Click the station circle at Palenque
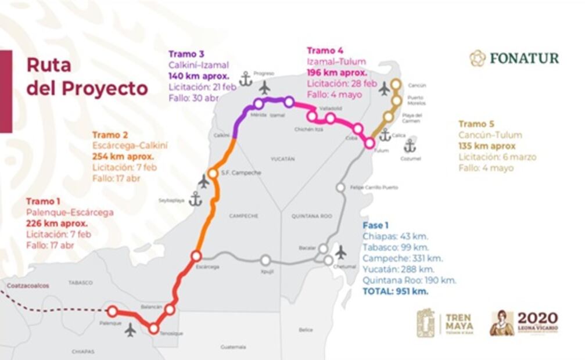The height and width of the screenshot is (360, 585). pos(112,311)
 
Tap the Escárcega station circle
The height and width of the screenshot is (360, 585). pos(196,255)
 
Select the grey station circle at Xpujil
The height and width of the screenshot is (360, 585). pos(265,260)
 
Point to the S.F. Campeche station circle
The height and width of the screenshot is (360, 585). pos(213,173)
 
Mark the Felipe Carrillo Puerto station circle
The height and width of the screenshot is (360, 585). pos(340,187)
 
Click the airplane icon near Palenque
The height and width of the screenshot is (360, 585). pos(130,330)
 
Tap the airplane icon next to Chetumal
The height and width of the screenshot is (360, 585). pos(341,252)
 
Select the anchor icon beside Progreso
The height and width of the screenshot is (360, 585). pos(246,79)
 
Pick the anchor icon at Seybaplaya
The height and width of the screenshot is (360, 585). pos(196,199)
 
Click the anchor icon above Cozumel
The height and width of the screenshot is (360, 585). pos(410,145)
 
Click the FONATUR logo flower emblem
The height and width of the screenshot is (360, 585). pos(478,58)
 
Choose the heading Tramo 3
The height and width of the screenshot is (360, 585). pos(182,55)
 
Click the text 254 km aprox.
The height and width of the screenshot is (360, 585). pos(123,157)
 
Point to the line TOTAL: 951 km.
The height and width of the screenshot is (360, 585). pos(396,291)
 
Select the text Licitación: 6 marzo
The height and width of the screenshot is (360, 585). pos(497,157)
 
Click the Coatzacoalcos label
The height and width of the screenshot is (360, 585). pos(28,286)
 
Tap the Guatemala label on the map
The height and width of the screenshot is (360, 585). pos(233,347)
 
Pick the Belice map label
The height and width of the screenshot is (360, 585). pos(306,330)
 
